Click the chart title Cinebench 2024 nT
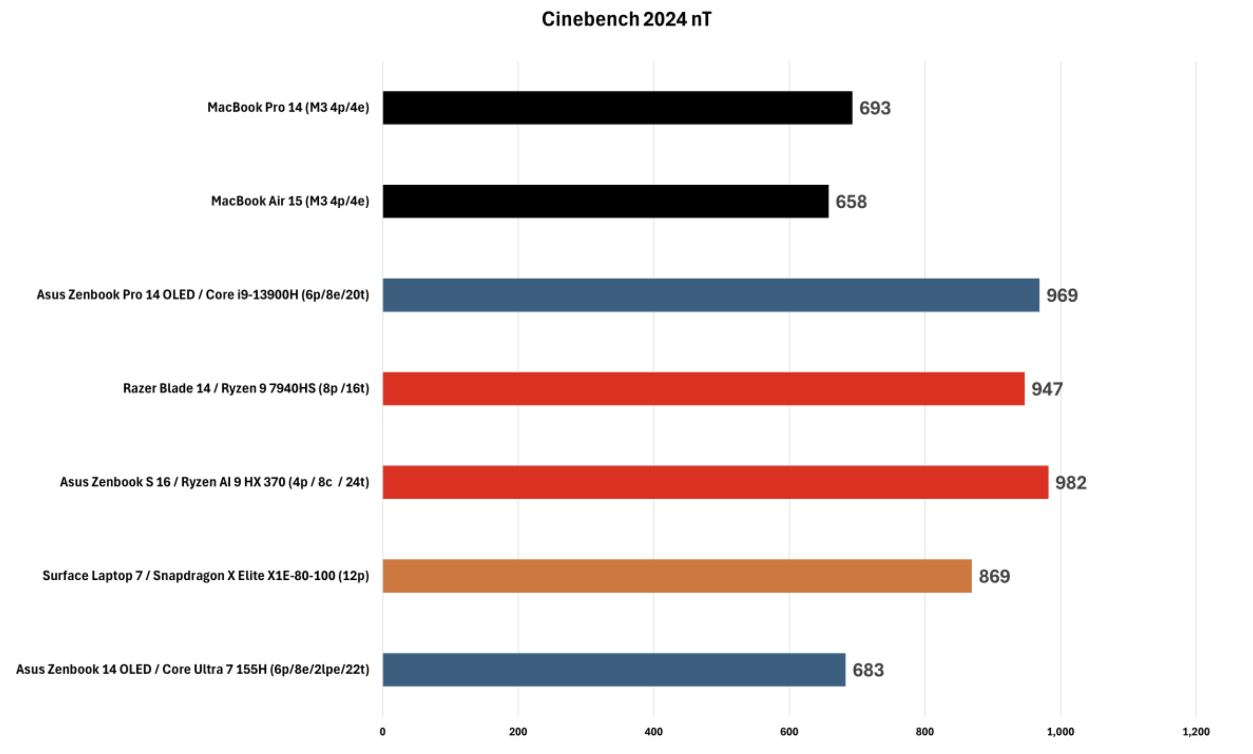626,19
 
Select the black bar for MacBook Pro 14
617,108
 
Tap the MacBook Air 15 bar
605,201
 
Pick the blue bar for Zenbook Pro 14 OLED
711,295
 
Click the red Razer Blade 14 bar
703,389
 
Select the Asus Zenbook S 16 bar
715,482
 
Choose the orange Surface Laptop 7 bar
677,576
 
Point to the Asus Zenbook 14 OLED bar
614,670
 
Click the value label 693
875,108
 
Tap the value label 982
1070,483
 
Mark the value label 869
994,576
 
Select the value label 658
851,202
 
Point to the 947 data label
1047,389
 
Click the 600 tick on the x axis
789,732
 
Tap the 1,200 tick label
1195,732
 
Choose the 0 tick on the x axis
383,732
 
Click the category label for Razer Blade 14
246,389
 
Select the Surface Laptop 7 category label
205,576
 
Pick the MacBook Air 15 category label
290,201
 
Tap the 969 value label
1062,295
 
